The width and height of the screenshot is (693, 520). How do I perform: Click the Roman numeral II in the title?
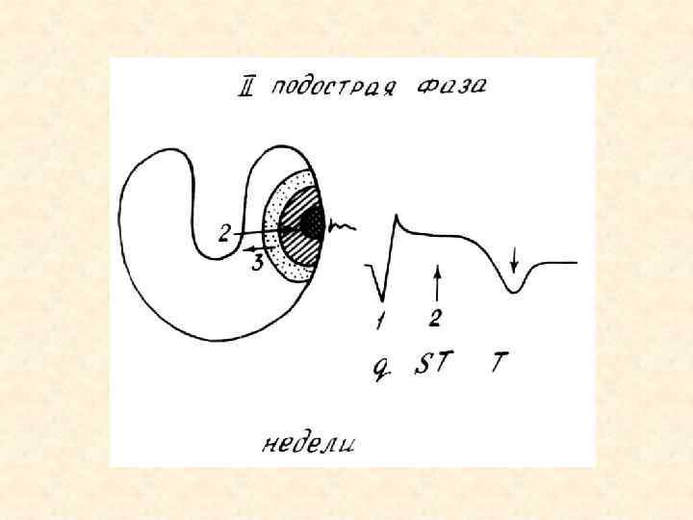coord(249,89)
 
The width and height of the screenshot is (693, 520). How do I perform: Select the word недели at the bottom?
coord(309,444)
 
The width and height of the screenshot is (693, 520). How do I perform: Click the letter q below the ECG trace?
coord(380,367)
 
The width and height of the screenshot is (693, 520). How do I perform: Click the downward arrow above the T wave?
coord(516,258)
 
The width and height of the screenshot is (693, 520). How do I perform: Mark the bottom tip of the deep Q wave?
coord(380,299)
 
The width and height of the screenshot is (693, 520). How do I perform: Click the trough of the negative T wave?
coord(515,290)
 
